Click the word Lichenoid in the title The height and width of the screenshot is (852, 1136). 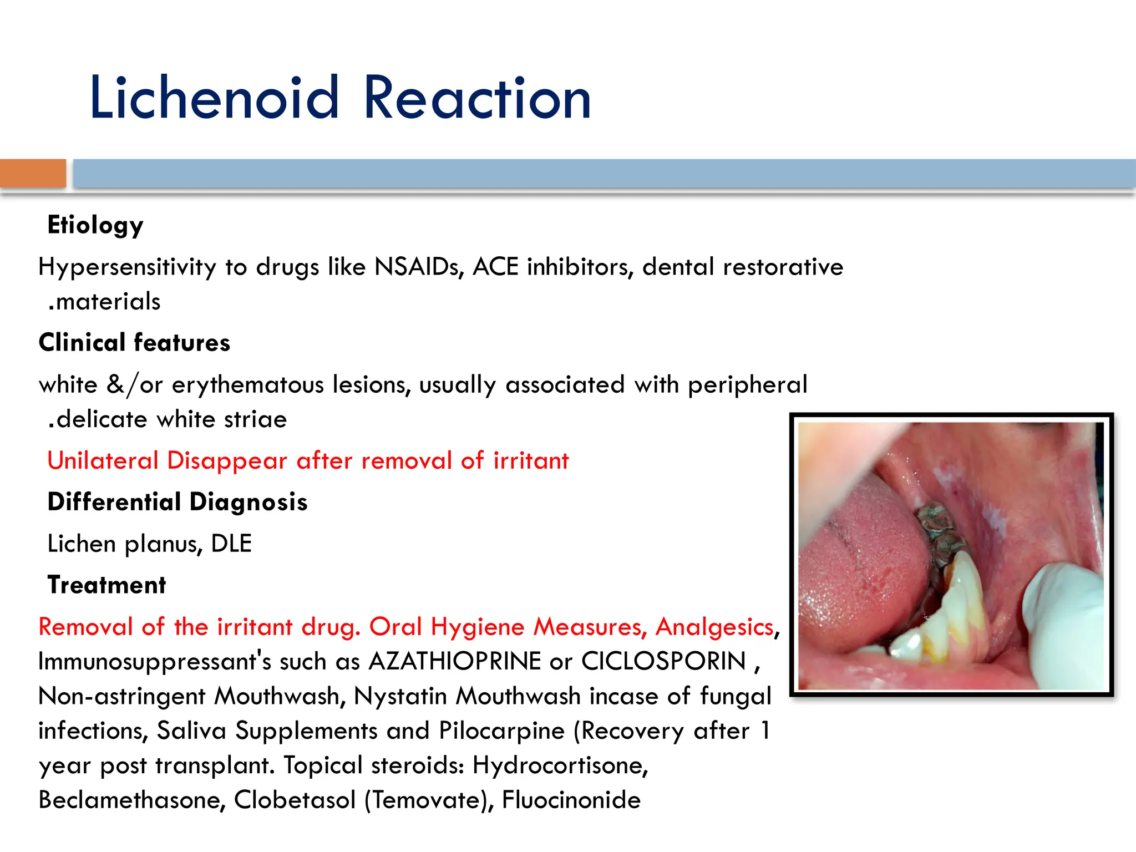click(x=214, y=99)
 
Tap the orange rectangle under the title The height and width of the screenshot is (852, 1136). click(x=33, y=174)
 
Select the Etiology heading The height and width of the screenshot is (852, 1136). click(x=95, y=225)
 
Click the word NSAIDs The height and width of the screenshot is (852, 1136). click(x=419, y=267)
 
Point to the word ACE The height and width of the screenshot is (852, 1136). click(x=495, y=267)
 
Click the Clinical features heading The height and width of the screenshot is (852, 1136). click(x=134, y=343)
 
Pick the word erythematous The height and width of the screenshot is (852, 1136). click(x=247, y=385)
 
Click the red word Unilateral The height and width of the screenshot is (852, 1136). click(x=103, y=461)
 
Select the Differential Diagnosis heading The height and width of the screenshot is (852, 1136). click(x=177, y=502)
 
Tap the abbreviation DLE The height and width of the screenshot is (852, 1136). click(x=231, y=544)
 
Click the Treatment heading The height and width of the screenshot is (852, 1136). click(x=106, y=585)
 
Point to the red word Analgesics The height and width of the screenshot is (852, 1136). click(x=714, y=627)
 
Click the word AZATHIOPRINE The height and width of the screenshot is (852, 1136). click(x=455, y=662)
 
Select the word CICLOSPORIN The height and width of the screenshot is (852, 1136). click(x=663, y=662)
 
